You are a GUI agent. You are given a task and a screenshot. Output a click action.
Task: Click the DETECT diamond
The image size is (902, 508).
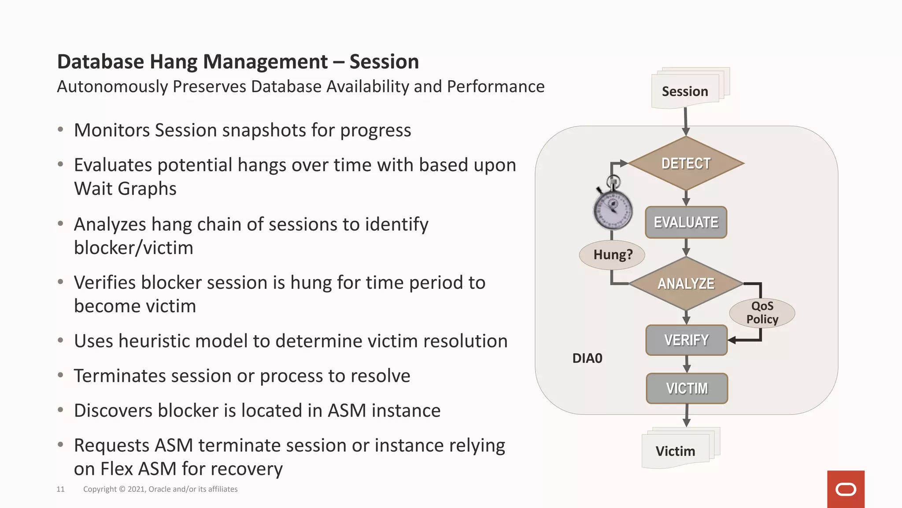(686, 164)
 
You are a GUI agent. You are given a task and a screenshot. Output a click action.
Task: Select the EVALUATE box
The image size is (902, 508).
(686, 222)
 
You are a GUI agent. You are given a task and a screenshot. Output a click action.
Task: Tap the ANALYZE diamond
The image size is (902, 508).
(686, 284)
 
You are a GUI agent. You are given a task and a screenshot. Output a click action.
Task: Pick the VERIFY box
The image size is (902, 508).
(686, 340)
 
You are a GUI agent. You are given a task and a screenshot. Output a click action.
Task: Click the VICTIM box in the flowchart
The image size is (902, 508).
(687, 388)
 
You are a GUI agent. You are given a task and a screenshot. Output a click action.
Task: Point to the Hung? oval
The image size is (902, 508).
(612, 254)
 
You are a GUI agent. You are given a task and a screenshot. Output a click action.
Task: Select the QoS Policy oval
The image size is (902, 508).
(762, 313)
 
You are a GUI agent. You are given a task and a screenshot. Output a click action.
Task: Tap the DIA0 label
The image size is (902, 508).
(587, 358)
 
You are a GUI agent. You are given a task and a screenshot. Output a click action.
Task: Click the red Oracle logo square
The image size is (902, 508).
(846, 489)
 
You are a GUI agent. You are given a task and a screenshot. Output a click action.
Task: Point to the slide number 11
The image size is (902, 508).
(60, 489)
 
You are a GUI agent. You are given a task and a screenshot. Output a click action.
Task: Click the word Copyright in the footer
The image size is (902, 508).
(100, 489)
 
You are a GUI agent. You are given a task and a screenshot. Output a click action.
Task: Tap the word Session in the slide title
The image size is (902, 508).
(384, 62)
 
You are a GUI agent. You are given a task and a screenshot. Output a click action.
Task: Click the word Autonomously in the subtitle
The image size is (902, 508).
(112, 87)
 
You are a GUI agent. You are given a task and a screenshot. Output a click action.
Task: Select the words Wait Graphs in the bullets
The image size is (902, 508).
(125, 189)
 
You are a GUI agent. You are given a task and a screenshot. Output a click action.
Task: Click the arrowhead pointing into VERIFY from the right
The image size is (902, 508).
(732, 340)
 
